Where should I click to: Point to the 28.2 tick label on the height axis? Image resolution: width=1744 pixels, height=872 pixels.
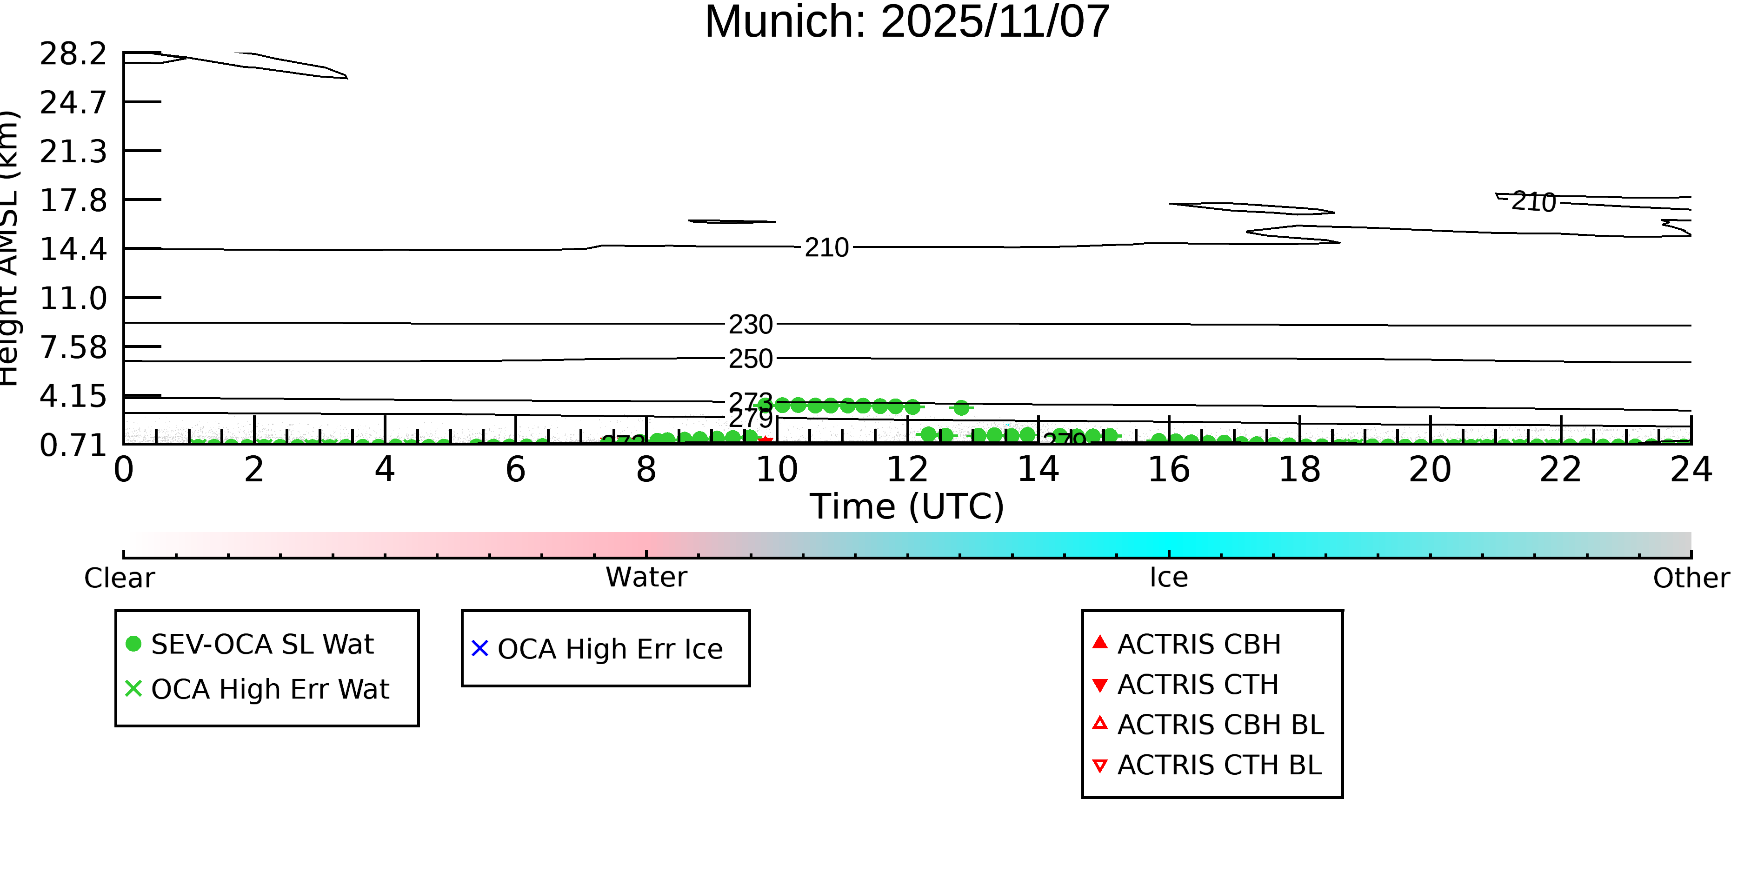click(73, 54)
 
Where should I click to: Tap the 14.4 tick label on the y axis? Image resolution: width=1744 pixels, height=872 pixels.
click(73, 250)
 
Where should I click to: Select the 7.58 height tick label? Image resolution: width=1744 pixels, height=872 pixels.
click(73, 348)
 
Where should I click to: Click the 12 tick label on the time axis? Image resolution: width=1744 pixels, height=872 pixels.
click(907, 470)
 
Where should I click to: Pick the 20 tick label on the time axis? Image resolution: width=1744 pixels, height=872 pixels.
click(1430, 470)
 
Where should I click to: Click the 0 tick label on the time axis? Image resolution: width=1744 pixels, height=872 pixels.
click(123, 470)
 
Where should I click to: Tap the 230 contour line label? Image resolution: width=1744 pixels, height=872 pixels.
click(750, 325)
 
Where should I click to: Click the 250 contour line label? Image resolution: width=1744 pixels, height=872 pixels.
click(750, 359)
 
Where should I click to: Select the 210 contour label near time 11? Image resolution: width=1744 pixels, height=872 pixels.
click(826, 248)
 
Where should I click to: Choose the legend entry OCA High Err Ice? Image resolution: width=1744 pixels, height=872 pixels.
click(609, 649)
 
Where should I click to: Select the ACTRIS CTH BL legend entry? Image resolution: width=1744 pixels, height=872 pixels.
click(1218, 765)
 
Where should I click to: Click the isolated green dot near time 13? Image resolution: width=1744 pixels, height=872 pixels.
click(961, 408)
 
